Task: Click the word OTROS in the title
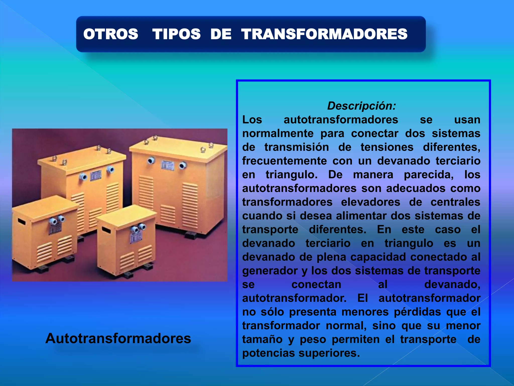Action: coord(111,34)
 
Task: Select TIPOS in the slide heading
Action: coord(176,34)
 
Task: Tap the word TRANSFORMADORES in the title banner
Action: coord(324,34)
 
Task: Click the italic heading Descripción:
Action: coord(361,106)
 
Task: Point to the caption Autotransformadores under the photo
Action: coord(118,338)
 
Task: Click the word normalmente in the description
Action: coord(278,133)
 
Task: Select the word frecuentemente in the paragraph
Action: coord(284,161)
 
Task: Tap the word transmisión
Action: coord(297,147)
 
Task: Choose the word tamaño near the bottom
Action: coord(262,340)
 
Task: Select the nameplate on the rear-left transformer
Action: coord(96,175)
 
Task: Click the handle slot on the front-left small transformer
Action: coord(22,222)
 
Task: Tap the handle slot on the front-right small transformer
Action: coord(106,230)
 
